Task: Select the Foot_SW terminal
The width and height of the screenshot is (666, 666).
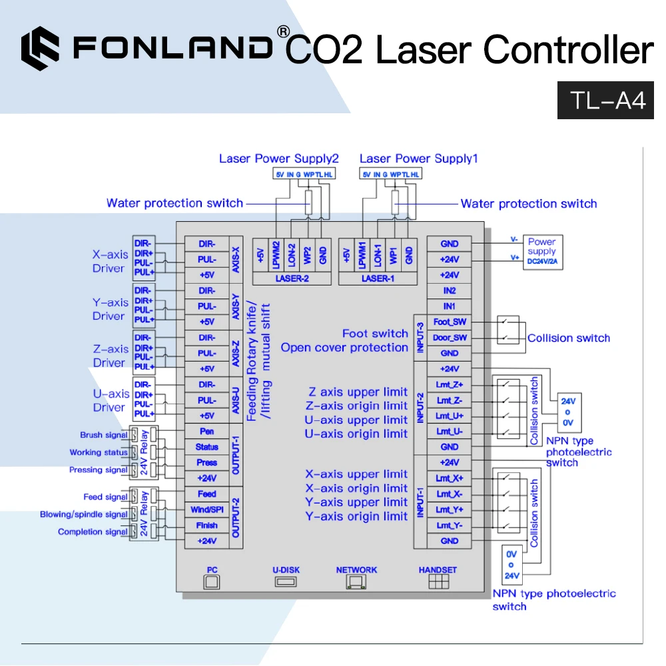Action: pos(450,322)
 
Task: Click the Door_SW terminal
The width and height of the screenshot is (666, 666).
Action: pos(450,338)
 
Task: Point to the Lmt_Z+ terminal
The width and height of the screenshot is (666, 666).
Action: pos(450,385)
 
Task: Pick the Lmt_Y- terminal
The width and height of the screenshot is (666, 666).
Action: pos(450,526)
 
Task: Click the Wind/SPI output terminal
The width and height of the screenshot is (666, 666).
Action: pos(206,510)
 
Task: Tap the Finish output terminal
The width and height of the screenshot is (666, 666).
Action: pos(206,525)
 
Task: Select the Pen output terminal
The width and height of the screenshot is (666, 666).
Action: pos(206,432)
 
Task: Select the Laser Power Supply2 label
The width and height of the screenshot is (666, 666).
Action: pos(278,159)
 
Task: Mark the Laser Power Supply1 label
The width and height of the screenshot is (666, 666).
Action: pos(418,159)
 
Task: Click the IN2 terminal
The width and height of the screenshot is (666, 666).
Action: pos(450,291)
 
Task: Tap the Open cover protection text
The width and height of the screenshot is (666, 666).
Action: pos(344,348)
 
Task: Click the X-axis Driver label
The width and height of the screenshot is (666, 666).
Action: pos(109,261)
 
